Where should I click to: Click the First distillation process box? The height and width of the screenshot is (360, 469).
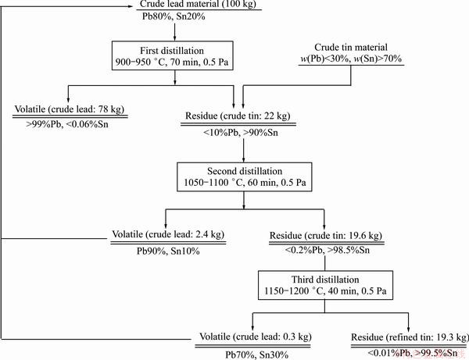172,55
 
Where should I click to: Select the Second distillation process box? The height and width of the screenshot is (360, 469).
245,176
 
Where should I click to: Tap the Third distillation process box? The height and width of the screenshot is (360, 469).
325,285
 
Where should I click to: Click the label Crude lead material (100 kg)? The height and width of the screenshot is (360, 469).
198,4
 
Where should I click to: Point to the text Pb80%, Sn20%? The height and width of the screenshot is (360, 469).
174,16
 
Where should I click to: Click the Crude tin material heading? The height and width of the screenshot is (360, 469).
351,47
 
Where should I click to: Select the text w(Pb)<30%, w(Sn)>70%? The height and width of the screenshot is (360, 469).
351,59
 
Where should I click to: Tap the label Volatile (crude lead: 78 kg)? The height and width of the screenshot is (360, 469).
70,109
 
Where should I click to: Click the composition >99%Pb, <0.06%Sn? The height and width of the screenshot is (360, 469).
67,124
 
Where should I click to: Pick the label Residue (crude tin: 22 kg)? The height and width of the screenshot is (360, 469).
238,116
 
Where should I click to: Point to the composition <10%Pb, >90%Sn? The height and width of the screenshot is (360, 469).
241,132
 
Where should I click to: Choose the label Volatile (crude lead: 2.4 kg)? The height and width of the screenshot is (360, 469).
168,234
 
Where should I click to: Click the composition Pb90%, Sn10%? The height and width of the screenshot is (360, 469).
168,251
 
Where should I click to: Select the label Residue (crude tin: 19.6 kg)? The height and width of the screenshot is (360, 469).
326,235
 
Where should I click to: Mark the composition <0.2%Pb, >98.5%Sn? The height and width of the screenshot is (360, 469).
328,250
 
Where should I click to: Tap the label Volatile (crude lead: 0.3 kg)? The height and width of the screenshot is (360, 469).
256,337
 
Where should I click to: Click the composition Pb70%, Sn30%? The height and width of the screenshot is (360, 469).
256,355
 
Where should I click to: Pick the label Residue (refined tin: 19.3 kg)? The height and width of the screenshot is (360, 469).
410,337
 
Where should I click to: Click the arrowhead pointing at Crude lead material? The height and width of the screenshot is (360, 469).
130,6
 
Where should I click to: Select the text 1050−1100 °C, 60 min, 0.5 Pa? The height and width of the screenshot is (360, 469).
245,183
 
